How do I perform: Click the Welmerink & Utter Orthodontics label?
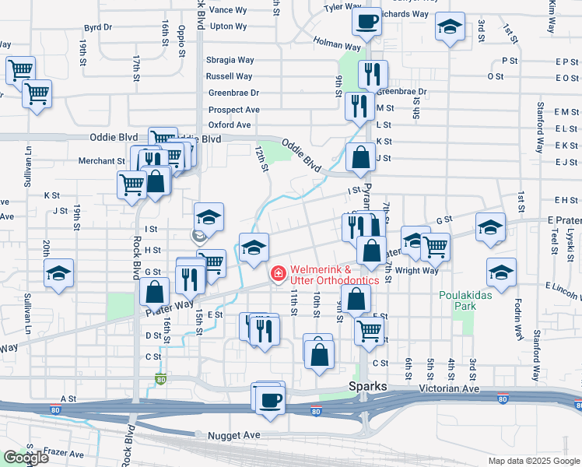coord(335,275)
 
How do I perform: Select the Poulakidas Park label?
coord(465,300)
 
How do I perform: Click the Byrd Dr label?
coord(97,27)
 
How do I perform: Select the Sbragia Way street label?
coord(230,60)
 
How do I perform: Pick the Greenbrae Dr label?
coord(233,93)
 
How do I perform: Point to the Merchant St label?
coord(101,161)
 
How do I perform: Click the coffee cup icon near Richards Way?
coord(366,22)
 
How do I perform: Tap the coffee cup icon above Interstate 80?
coord(270,399)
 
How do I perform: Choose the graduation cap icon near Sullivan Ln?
coord(59,274)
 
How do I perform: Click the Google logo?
coord(26,458)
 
